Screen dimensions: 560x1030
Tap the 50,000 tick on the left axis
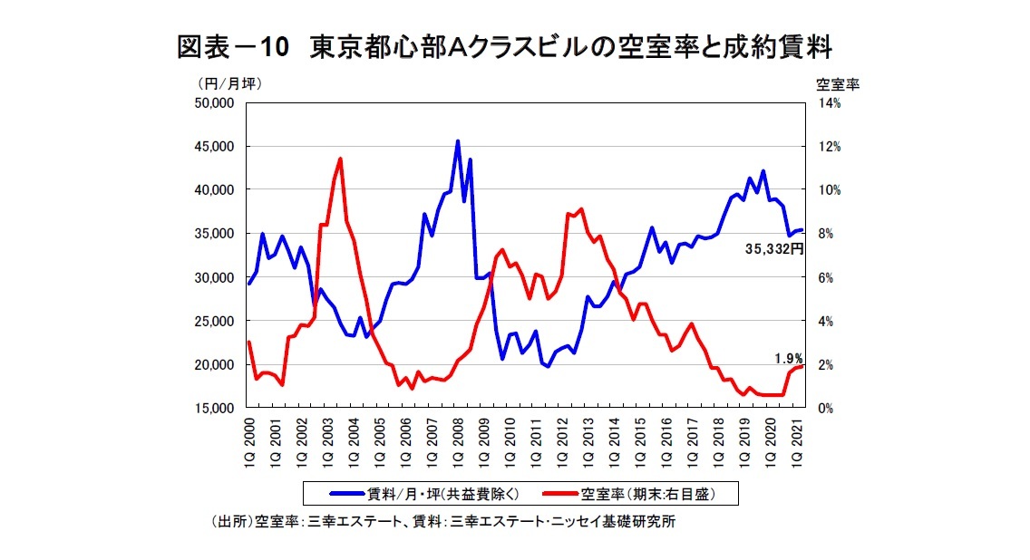point(217,103)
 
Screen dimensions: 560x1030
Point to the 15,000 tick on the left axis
point(217,409)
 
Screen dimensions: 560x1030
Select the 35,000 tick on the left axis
point(217,234)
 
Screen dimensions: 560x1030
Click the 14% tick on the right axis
point(830,103)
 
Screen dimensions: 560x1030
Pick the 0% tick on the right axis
point(826,409)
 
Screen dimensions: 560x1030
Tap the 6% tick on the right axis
point(826,277)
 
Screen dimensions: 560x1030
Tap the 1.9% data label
point(788,358)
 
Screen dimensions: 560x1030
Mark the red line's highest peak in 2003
point(340,159)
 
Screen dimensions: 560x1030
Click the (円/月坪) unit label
point(229,83)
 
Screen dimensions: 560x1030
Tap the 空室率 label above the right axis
point(837,83)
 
